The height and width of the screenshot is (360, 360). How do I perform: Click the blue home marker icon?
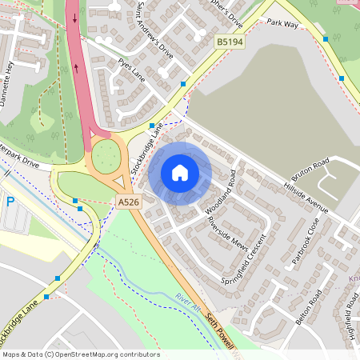coord(180,173)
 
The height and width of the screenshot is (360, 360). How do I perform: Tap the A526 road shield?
coord(128,202)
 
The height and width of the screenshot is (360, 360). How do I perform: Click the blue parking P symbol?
coord(10,202)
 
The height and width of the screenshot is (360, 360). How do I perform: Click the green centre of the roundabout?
coord(105,157)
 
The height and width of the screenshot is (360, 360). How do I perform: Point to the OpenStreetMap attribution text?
coord(80,354)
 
